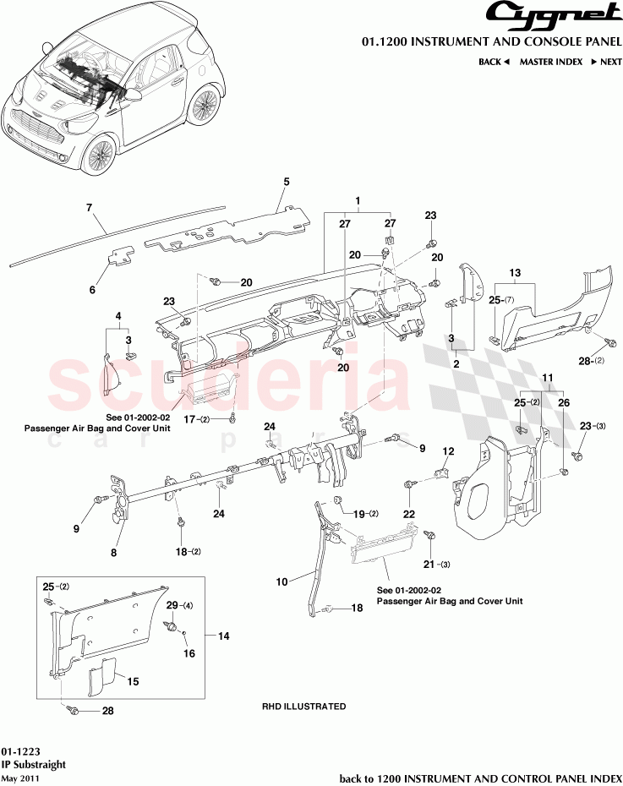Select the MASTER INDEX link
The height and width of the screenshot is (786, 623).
(550, 62)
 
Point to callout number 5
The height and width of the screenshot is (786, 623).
(287, 182)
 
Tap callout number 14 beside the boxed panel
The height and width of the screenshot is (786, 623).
(224, 635)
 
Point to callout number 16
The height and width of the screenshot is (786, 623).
(189, 653)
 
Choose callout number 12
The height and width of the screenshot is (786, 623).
(449, 450)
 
